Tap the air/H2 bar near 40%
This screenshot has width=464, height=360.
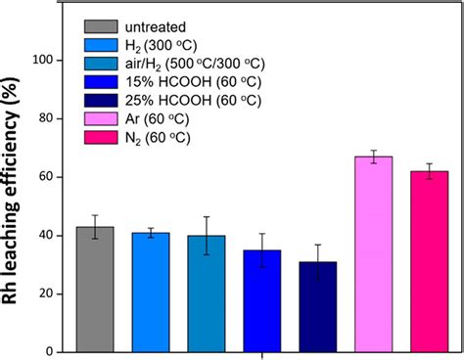pos(207,293)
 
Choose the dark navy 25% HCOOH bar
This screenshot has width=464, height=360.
pos(318,307)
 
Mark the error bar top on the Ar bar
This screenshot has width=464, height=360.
pos(374,150)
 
